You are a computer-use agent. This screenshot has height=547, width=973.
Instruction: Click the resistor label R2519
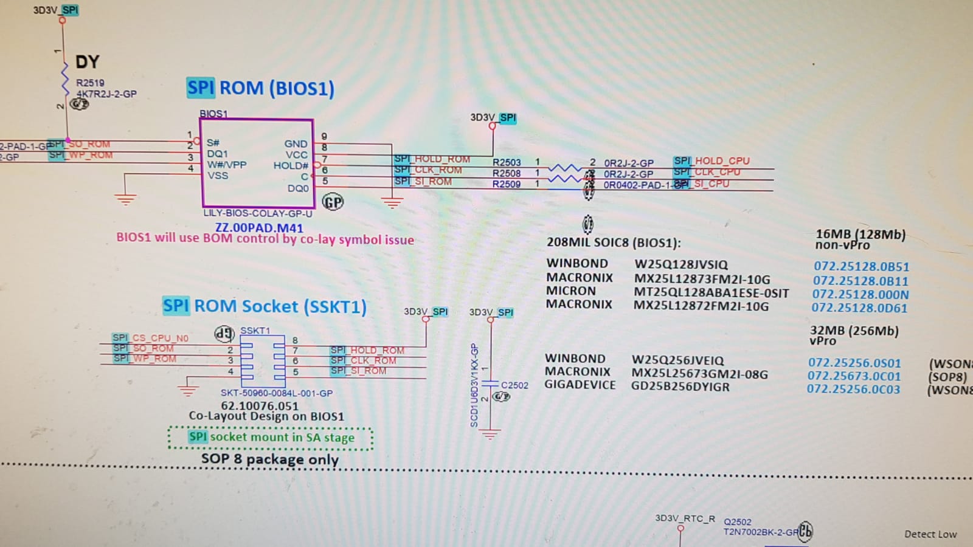tap(90, 83)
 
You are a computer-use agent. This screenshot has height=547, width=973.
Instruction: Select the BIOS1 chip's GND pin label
tap(296, 144)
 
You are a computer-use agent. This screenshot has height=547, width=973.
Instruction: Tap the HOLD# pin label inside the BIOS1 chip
tap(291, 165)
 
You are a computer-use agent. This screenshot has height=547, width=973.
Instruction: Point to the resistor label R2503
tap(507, 162)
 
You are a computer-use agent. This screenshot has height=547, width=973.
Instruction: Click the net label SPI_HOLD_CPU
tap(712, 161)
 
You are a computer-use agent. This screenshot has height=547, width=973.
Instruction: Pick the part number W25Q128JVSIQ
tap(681, 264)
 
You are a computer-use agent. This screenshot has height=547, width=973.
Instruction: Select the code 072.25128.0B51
tap(861, 266)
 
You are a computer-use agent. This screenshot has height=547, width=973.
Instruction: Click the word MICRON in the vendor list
tap(570, 291)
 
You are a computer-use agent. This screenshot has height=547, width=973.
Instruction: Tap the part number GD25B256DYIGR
tap(680, 387)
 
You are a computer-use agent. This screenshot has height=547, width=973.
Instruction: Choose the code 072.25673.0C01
tap(854, 376)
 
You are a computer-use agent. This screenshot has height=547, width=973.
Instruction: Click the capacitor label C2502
tap(514, 385)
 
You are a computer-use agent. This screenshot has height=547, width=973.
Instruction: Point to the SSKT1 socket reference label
tap(255, 331)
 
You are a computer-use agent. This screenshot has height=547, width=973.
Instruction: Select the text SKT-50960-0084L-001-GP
tap(277, 393)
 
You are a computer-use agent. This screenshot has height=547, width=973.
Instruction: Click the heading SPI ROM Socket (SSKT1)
tap(265, 306)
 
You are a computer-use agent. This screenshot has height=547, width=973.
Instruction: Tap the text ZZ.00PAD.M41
tap(259, 228)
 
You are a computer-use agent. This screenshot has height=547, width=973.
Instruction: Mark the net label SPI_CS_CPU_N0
tap(150, 338)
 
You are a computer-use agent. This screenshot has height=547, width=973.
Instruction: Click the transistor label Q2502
tap(737, 522)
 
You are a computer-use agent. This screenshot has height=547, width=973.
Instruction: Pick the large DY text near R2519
tap(87, 62)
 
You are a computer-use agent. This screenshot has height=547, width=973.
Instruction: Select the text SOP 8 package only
tap(270, 459)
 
